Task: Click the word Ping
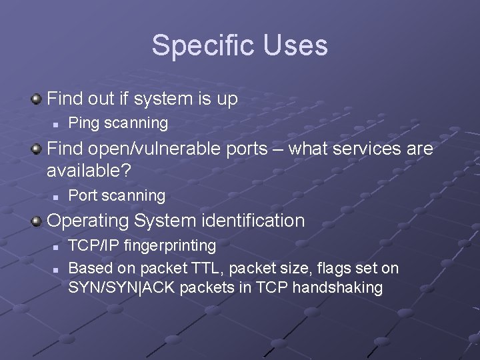(83, 123)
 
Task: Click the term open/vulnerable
(157, 148)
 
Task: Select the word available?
(89, 171)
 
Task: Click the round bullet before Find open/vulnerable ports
(37, 149)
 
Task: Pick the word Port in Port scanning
(83, 195)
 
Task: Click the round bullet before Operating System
(37, 221)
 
